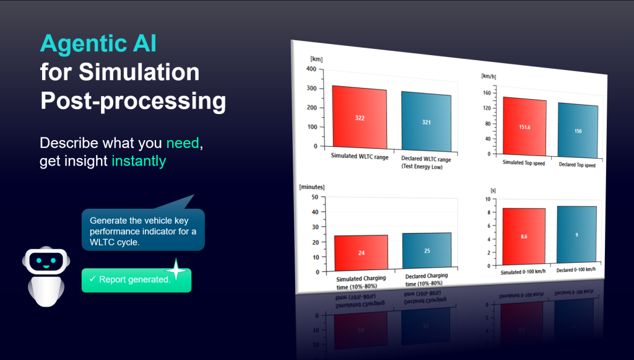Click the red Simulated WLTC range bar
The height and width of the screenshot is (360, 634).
coord(360,117)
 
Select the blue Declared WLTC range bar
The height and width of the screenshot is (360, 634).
coord(426,121)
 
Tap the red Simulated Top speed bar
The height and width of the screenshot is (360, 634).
coord(524,126)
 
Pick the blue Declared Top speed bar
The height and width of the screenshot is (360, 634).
coord(578,130)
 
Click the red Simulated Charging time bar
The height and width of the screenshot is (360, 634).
coord(361,253)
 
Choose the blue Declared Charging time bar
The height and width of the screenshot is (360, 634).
coord(427,250)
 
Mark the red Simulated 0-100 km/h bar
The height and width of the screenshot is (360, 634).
coord(524,237)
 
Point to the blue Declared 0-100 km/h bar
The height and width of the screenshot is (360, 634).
coord(576,235)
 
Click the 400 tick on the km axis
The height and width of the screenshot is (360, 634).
coord(311,69)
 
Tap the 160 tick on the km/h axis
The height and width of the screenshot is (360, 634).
coord(487,93)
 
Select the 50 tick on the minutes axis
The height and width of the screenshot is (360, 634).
coord(315,197)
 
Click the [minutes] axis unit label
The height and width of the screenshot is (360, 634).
coord(312,187)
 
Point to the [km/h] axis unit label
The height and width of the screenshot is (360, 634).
coord(489,76)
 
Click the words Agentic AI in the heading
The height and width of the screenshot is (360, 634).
coord(98,44)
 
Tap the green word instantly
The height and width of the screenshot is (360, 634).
coord(139,161)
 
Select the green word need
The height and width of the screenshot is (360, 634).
coord(183,143)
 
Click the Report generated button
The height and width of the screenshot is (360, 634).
coord(136,280)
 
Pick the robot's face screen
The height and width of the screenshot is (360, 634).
coord(46,261)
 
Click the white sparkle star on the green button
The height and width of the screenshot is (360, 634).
coord(176,270)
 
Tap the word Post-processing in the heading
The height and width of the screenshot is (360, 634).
coord(133,101)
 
